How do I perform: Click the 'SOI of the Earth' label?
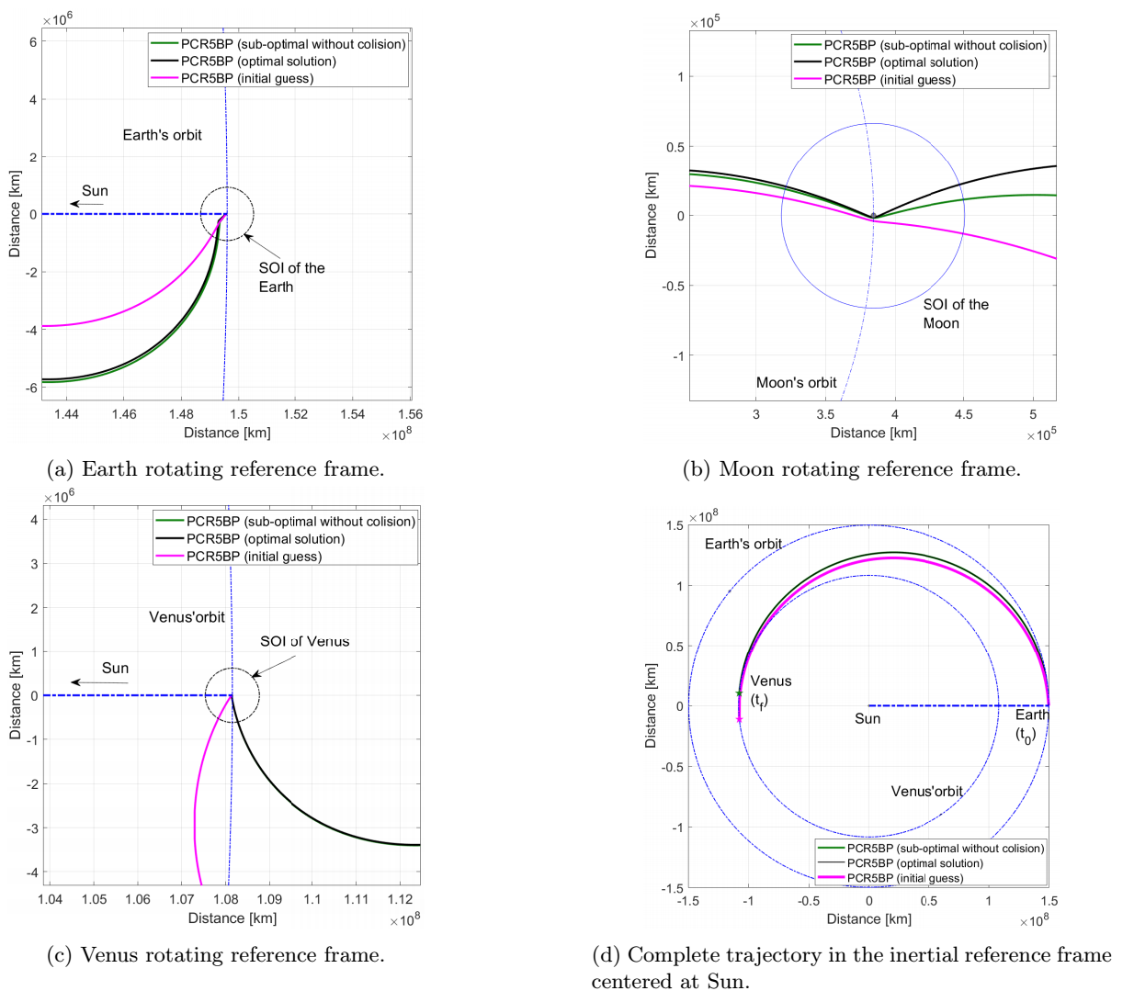pyautogui.click(x=291, y=277)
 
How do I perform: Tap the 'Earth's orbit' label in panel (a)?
pyautogui.click(x=162, y=135)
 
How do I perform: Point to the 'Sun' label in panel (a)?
pyautogui.click(x=95, y=191)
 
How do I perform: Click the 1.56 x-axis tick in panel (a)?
pyautogui.click(x=410, y=414)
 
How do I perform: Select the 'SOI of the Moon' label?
pyautogui.click(x=956, y=313)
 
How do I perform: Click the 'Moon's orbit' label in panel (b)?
pyautogui.click(x=796, y=383)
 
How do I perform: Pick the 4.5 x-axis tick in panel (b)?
pyautogui.click(x=963, y=414)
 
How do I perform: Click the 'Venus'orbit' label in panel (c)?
pyautogui.click(x=187, y=617)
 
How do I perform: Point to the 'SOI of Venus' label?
pyautogui.click(x=304, y=641)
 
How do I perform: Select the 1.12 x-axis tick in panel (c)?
pyautogui.click(x=400, y=899)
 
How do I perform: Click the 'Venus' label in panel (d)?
pyautogui.click(x=770, y=681)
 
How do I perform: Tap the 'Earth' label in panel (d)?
pyautogui.click(x=1031, y=715)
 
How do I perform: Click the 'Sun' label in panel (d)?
pyautogui.click(x=868, y=719)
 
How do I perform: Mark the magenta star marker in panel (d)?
pyautogui.click(x=739, y=719)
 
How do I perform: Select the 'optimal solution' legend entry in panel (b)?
pyautogui.click(x=901, y=62)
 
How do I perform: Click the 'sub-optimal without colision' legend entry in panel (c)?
pyautogui.click(x=301, y=522)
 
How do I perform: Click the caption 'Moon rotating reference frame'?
pyautogui.click(x=851, y=469)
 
